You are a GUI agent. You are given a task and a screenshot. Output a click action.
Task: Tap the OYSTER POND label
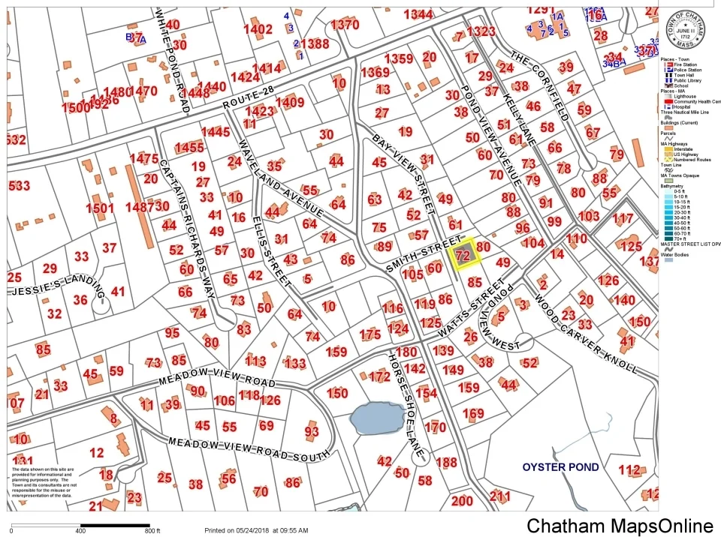(x=561, y=467)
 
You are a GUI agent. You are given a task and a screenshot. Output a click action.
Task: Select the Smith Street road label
(x=423, y=253)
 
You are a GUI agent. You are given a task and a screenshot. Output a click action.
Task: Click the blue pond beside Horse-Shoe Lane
(x=377, y=418)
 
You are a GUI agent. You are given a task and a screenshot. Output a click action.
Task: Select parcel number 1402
(x=258, y=29)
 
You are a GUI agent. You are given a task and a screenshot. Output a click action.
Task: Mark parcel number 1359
(x=399, y=58)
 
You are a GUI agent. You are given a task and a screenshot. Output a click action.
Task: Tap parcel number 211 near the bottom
(x=499, y=496)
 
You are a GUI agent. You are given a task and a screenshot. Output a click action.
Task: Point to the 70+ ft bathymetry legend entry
(x=677, y=238)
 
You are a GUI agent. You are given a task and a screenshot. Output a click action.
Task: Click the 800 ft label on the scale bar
(x=153, y=530)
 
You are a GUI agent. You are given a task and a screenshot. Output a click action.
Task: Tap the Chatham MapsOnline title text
(x=620, y=526)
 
